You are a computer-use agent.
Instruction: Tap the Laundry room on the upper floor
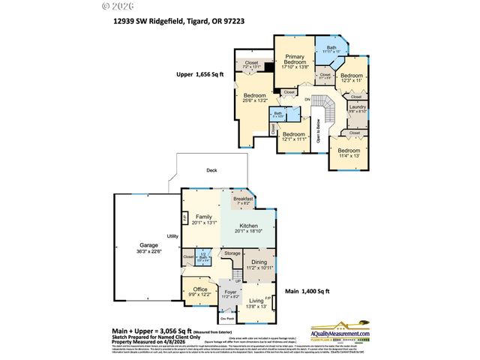coord(358,108)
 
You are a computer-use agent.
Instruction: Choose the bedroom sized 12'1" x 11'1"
coord(295,136)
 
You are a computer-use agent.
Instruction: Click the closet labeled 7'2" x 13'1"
coord(250,65)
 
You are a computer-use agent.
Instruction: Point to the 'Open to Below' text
coord(318,131)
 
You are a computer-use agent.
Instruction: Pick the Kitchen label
coord(249,228)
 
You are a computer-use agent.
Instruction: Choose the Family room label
coord(204,219)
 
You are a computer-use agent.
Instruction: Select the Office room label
coord(199,291)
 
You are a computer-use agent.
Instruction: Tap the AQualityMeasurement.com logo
coord(342,334)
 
